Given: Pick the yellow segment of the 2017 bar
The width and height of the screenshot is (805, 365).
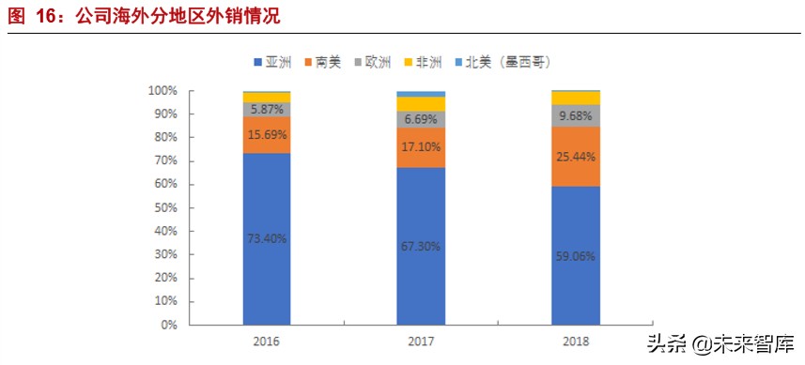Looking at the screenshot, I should pyautogui.click(x=421, y=104).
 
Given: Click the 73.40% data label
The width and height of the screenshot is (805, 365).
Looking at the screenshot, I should pyautogui.click(x=266, y=238).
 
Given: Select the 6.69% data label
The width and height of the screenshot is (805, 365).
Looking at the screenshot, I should pyautogui.click(x=421, y=119).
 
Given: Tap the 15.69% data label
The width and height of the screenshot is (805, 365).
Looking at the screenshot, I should pyautogui.click(x=266, y=135).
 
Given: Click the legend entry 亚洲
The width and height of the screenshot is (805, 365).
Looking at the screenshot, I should pyautogui.click(x=273, y=62).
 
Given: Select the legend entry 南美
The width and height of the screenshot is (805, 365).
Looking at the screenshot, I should pyautogui.click(x=322, y=62).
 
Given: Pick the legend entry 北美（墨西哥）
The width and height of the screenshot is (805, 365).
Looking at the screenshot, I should pyautogui.click(x=505, y=62).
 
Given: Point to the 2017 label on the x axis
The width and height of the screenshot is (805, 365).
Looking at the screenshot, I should pyautogui.click(x=421, y=341).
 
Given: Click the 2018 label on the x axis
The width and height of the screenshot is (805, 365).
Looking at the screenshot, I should pyautogui.click(x=576, y=341).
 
